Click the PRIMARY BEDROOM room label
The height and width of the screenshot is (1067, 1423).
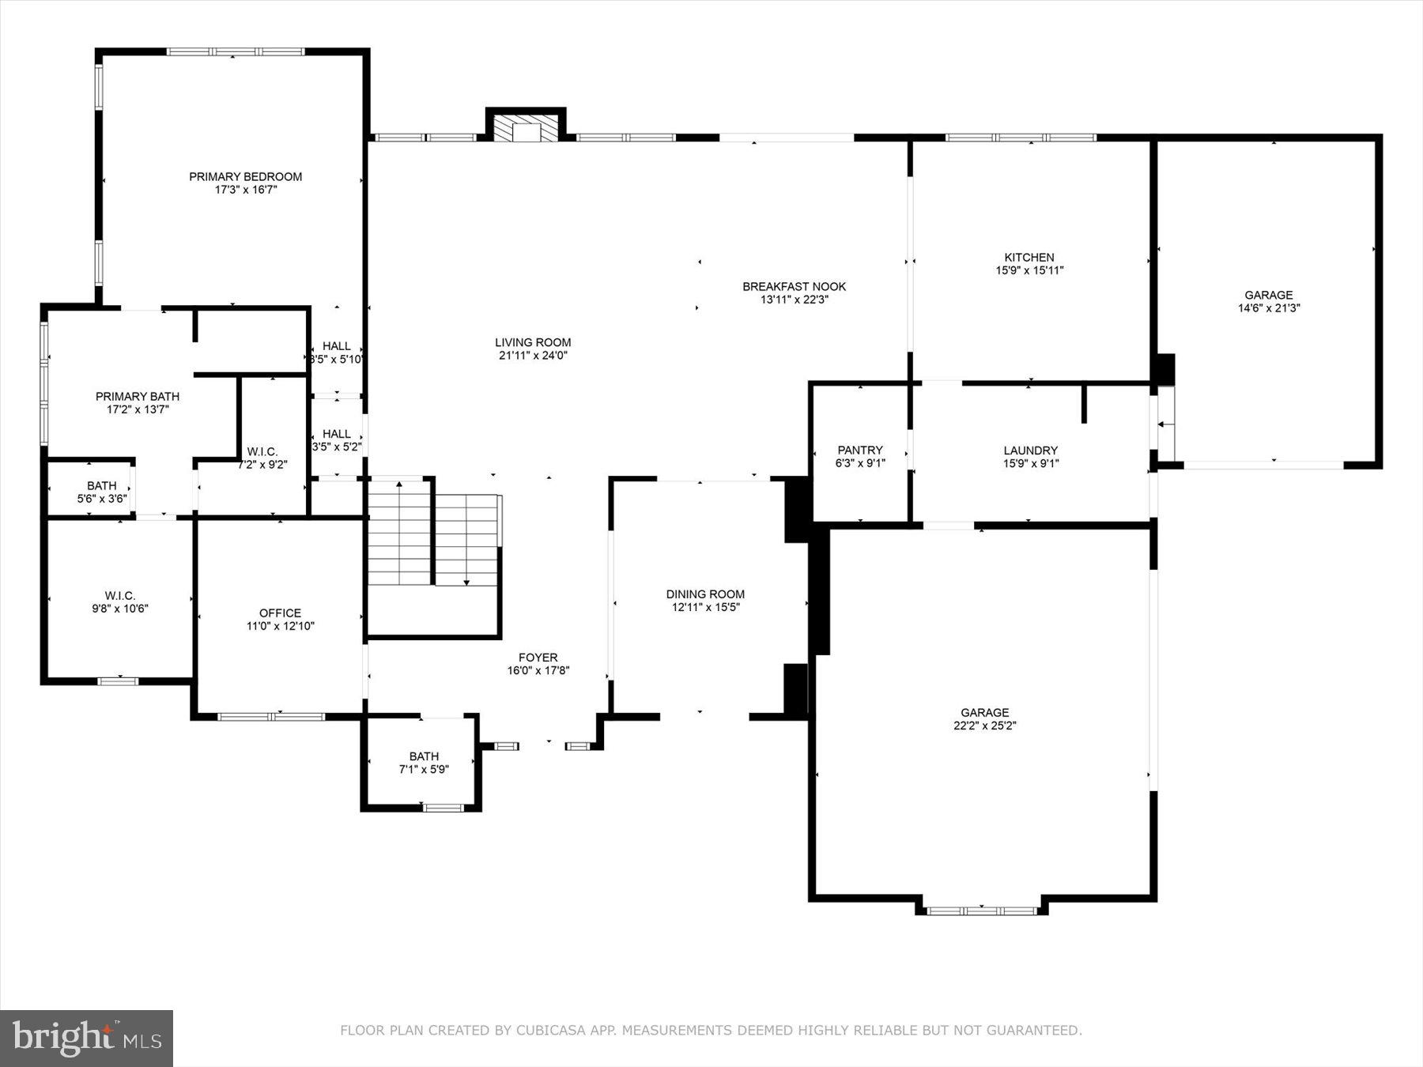click(x=245, y=176)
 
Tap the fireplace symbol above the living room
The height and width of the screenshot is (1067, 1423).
click(x=526, y=129)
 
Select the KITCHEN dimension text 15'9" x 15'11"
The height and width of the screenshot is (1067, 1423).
click(x=1029, y=270)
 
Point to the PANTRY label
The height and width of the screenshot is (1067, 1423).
click(x=860, y=450)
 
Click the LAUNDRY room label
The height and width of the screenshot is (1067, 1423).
click(x=1030, y=451)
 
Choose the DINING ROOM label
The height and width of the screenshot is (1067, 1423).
click(x=705, y=594)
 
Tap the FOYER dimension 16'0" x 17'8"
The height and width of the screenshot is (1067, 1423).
click(x=538, y=671)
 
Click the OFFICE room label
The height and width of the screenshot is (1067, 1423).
click(x=280, y=613)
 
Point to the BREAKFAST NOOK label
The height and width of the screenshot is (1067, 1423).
click(x=794, y=286)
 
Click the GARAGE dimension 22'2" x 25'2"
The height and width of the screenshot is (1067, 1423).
click(x=984, y=726)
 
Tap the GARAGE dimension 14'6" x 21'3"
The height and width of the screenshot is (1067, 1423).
click(x=1269, y=308)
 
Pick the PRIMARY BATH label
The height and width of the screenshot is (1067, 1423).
click(x=138, y=396)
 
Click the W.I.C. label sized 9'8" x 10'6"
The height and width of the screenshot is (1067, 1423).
click(x=120, y=595)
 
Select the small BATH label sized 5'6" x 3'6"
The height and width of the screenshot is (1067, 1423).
click(x=101, y=485)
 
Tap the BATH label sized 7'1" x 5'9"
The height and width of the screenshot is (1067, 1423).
click(x=424, y=756)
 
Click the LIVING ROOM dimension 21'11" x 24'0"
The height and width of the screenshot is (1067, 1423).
click(x=533, y=356)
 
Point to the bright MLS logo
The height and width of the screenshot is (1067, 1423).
click(x=86, y=1038)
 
